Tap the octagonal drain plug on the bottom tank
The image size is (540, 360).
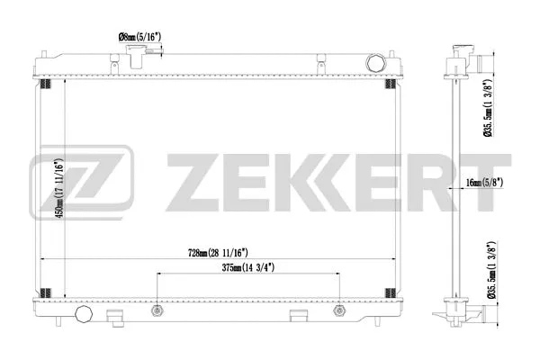click(x=85, y=315)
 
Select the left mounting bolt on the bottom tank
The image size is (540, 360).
click(x=157, y=310)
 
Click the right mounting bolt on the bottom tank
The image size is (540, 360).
click(x=338, y=310)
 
